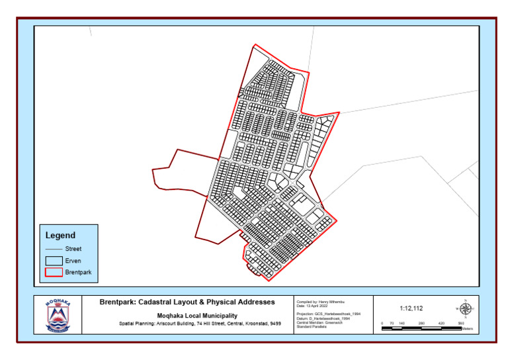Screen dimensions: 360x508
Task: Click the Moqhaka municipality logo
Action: point(58,314)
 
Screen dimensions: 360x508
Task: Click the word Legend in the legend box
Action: point(60,235)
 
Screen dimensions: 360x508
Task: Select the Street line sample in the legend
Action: point(54,249)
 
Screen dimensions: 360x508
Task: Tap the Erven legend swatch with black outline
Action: point(54,261)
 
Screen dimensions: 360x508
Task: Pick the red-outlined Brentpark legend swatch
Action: point(54,273)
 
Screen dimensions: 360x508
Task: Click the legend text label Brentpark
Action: point(79,273)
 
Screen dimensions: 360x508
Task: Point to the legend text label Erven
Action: point(73,261)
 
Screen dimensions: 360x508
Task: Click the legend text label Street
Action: point(73,249)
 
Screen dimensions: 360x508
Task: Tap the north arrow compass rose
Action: point(465,308)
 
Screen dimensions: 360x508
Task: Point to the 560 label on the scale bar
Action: point(460,324)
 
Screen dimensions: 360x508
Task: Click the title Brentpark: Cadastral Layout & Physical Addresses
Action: point(187,302)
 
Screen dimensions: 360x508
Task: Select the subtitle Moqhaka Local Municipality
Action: point(188,316)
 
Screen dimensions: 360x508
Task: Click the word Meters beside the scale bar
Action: point(468,329)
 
